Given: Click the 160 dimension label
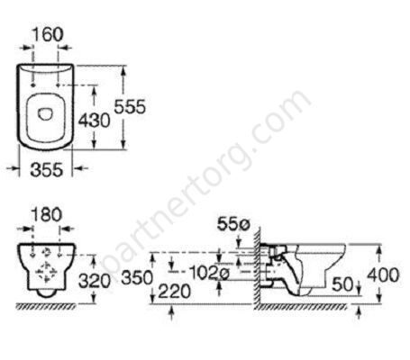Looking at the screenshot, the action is click(x=48, y=34).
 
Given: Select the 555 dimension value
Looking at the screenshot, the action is click(x=130, y=106).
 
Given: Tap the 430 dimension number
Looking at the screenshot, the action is click(x=94, y=121).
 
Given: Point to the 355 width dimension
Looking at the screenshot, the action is click(x=47, y=169).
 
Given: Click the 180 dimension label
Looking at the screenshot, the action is click(x=47, y=215).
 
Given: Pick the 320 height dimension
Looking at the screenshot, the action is click(x=95, y=281).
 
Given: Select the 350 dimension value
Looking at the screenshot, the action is click(x=137, y=278).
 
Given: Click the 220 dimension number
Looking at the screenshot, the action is click(x=175, y=292).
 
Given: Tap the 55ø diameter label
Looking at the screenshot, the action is click(x=233, y=224).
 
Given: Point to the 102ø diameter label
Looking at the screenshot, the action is click(x=210, y=273).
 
